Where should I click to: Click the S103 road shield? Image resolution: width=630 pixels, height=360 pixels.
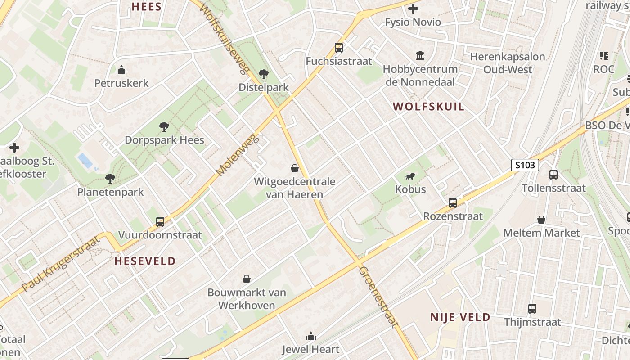[525, 165]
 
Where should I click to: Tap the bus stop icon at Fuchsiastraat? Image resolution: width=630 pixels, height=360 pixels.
[338, 48]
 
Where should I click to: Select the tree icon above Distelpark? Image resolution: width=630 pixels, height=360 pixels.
[264, 74]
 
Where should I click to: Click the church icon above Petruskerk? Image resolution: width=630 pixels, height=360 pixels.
[121, 70]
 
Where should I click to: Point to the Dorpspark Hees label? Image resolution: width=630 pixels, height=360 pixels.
[164, 140]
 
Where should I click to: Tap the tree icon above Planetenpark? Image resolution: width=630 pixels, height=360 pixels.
[110, 179]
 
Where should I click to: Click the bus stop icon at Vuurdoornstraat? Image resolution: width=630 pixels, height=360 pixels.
[160, 221]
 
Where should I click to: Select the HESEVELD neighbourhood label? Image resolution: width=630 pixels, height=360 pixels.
[145, 261]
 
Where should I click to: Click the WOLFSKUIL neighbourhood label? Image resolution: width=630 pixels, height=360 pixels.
[428, 107]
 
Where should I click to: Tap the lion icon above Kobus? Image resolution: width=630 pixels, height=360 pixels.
[410, 176]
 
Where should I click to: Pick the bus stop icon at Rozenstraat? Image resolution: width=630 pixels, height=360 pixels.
[453, 203]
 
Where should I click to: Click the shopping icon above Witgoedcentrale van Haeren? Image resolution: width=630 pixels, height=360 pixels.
[295, 168]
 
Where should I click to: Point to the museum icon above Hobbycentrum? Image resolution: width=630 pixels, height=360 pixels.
[420, 56]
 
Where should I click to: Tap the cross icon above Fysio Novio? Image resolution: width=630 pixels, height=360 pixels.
[413, 9]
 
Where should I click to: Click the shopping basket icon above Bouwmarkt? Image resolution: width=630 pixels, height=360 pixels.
[247, 279]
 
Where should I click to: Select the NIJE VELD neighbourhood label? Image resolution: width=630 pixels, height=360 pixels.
[460, 317]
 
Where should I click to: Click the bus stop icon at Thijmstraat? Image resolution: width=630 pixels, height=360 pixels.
[532, 309]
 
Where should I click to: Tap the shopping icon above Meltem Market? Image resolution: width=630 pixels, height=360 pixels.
[541, 220]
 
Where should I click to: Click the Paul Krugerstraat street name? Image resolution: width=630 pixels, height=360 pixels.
[61, 264]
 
